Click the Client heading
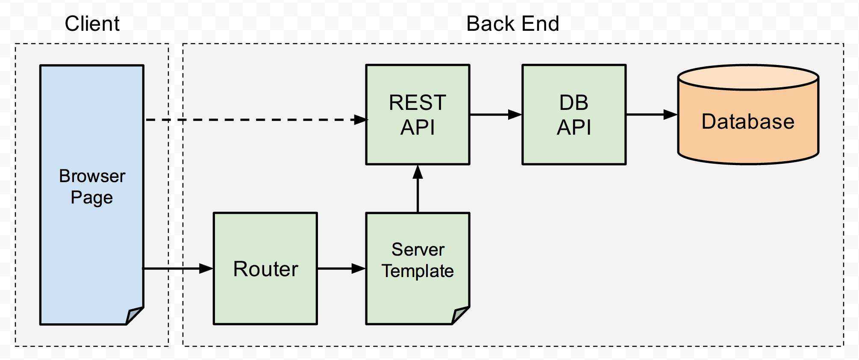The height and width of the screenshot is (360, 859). [92, 24]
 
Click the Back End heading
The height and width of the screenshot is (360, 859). [512, 24]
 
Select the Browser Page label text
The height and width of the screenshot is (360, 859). [92, 187]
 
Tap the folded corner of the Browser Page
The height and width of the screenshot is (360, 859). [135, 316]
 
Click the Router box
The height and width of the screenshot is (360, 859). [265, 269]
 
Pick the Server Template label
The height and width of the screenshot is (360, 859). [418, 260]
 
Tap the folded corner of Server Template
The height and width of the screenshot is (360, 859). [461, 316]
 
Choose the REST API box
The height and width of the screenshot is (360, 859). [418, 115]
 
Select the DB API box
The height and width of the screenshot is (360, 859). [574, 115]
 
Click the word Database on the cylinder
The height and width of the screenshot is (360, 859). [748, 121]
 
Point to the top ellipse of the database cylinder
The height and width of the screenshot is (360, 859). [748, 77]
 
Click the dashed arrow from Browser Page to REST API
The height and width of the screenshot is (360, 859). [256, 120]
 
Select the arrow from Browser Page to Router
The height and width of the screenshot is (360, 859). [178, 269]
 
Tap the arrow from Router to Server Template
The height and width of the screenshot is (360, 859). [341, 269]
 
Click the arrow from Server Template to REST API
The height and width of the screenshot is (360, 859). [418, 189]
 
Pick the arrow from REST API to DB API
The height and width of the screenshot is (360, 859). [496, 115]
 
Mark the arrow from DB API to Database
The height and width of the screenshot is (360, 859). [652, 115]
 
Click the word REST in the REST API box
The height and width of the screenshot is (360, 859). [418, 103]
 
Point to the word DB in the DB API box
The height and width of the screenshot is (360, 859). [574, 103]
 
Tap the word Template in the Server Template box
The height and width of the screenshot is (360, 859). [418, 271]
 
